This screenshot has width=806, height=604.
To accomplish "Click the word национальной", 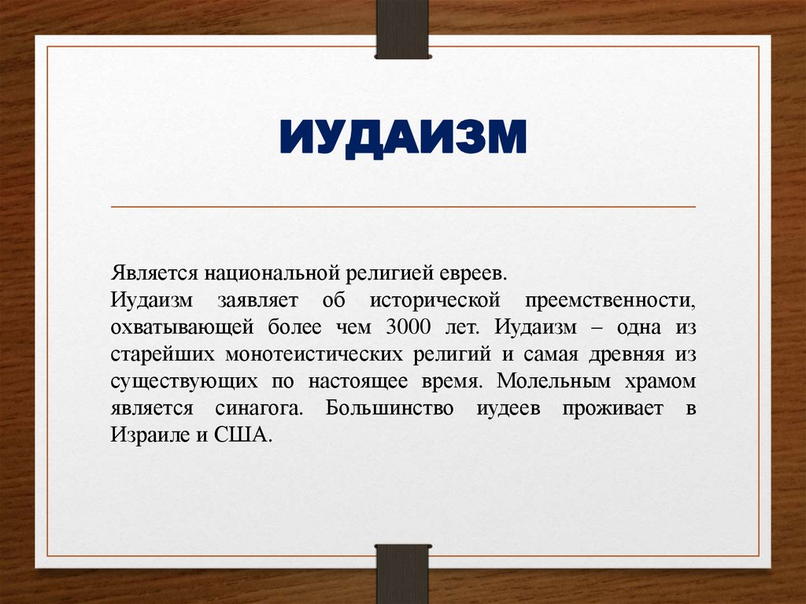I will [272, 274].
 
